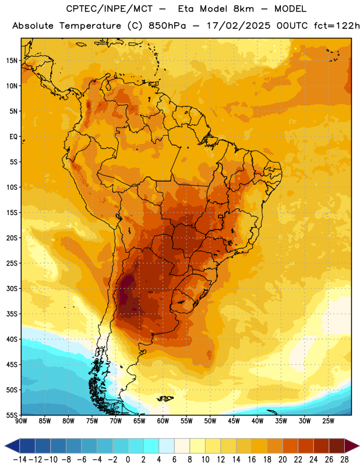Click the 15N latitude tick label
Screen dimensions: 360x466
pos(12,61)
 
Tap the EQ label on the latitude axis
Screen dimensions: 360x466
pos(13,137)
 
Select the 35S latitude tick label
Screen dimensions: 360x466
pos(12,314)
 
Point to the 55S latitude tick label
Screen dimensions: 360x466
pos(12,415)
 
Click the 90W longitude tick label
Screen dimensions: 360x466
pos(21,421)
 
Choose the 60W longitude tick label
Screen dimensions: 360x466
pos(163,421)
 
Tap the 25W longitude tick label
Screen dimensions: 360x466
pos(328,421)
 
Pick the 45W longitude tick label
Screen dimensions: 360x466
pos(234,421)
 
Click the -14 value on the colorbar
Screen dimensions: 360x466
pos(20,460)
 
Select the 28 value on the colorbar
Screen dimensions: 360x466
pos(344,460)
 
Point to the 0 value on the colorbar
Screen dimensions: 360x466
pos(128,460)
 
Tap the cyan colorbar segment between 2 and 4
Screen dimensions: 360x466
pos(151,446)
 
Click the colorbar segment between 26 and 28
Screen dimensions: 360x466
pos(337,446)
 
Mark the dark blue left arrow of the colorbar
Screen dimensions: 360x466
pos(12,446)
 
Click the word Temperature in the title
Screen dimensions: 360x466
pos(90,26)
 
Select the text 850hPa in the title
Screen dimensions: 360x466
pos(167,26)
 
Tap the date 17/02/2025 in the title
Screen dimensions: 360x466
pos(239,26)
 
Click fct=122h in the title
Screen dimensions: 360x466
pos(337,26)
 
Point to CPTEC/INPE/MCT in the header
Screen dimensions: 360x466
pos(108,9)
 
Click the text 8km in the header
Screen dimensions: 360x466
pos(243,9)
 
